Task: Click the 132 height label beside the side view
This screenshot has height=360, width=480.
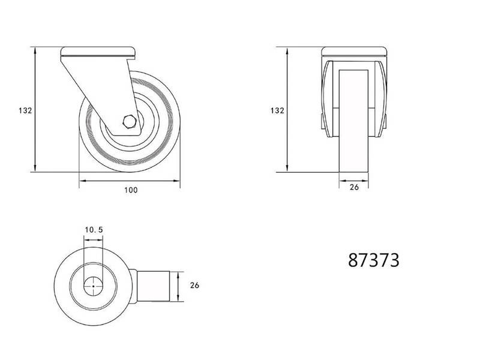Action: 25,110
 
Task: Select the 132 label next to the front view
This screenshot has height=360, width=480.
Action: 277,110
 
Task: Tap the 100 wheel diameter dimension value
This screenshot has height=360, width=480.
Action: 131,190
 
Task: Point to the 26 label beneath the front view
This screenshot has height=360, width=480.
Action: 354,187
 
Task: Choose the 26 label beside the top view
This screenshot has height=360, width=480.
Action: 194,286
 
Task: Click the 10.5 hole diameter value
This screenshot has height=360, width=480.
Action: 94,230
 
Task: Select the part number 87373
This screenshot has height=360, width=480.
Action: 374,260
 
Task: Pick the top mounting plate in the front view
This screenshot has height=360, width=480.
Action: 354,52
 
